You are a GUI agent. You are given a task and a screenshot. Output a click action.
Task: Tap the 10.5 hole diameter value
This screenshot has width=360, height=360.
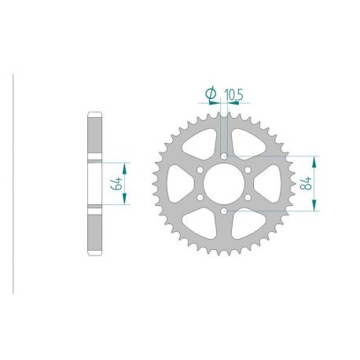(x=233, y=95)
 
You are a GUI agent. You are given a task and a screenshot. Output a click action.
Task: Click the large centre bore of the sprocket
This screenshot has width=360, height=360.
(x=224, y=185)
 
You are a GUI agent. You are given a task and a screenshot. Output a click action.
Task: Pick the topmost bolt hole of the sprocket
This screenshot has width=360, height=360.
(x=224, y=156)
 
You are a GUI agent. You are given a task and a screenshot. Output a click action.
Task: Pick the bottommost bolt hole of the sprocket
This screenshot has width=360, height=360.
(x=224, y=213)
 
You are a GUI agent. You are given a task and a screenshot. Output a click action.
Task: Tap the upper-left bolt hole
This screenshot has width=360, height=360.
(x=200, y=171)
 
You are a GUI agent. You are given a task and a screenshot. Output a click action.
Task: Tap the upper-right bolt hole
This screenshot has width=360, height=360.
(x=248, y=171)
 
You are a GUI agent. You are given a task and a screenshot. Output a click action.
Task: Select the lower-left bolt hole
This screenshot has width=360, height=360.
(x=200, y=199)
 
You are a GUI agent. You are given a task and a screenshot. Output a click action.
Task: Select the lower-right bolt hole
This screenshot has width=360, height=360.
(x=248, y=199)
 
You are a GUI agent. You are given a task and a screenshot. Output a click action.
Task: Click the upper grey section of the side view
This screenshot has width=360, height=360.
(x=94, y=137)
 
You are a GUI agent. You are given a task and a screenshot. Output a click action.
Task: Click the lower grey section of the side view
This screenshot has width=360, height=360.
(x=94, y=233)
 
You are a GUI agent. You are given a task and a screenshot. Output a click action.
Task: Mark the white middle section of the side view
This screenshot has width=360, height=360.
(x=94, y=185)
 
